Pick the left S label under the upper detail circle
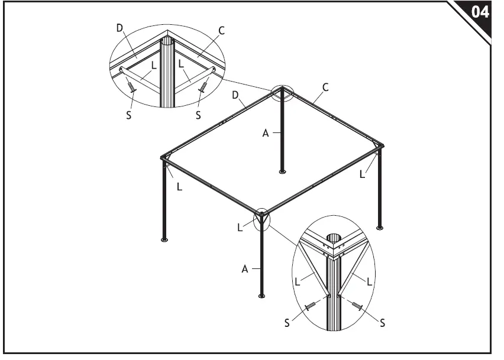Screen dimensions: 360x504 (x=130, y=115)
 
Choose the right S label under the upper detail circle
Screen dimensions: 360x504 (x=199, y=115)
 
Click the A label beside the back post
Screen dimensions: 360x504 (x=266, y=134)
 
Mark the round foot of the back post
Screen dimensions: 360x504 (x=282, y=173)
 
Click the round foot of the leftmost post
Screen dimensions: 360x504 (x=165, y=240)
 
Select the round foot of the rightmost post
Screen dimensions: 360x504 (x=380, y=228)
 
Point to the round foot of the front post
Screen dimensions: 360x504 (x=261, y=296)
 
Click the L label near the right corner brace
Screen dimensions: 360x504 (x=362, y=174)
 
